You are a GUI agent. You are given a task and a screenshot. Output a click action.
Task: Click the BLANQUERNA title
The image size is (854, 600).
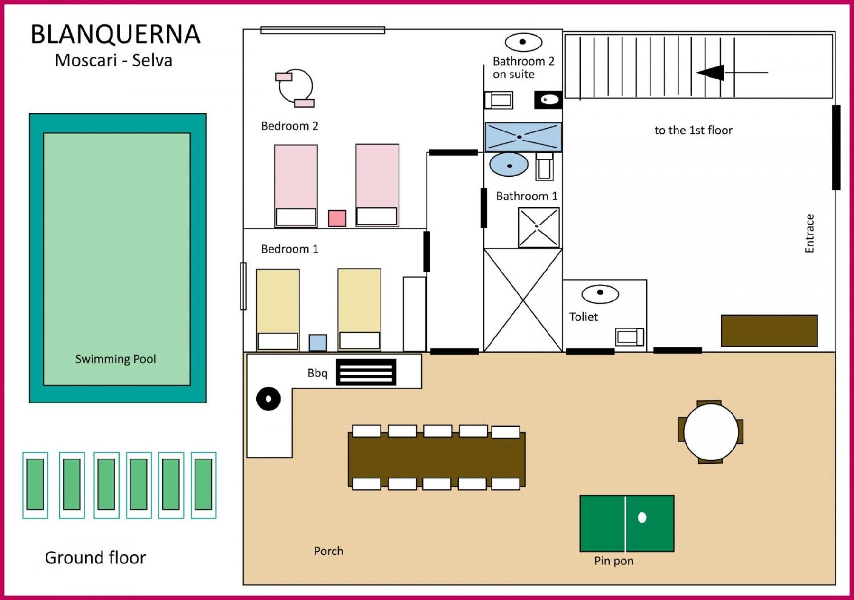[115, 34]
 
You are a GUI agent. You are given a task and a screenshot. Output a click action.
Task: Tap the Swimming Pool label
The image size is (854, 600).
[115, 359]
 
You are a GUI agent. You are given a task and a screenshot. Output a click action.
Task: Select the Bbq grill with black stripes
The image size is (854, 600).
[366, 372]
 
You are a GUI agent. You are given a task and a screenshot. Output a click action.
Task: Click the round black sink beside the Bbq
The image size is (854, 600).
[269, 399]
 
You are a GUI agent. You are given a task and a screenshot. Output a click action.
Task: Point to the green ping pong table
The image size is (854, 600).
[627, 523]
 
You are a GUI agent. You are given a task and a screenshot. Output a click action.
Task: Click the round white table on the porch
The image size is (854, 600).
[711, 432]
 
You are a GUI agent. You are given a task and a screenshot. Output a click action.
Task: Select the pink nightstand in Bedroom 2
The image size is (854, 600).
[337, 218]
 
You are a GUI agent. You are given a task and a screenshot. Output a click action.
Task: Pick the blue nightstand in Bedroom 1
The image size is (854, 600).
[318, 342]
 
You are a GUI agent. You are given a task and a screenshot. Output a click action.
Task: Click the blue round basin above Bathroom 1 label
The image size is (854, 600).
[509, 165]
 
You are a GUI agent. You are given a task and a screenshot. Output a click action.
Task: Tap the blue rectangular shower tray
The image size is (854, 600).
[523, 137]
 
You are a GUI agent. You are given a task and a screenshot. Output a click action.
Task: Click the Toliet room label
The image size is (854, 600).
[583, 317]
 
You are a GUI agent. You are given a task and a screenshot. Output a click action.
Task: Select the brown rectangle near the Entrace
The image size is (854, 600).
[769, 330]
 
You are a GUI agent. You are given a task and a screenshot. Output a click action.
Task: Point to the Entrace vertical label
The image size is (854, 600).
[809, 234]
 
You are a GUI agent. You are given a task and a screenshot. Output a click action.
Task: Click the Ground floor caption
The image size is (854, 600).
[95, 557]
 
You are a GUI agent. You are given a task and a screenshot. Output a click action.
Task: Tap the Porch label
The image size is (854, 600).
[328, 551]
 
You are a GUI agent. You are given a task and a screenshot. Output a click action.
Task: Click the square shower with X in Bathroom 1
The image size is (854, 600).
[539, 228]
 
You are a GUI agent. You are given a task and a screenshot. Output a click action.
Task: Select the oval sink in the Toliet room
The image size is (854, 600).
[600, 294]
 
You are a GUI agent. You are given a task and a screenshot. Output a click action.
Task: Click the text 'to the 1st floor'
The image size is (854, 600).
[693, 130]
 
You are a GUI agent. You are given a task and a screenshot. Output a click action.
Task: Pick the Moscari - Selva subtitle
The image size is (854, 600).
[113, 60]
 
